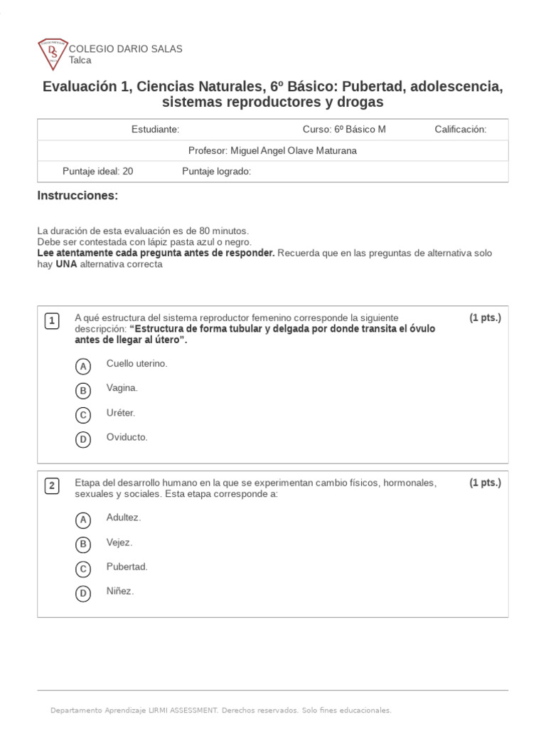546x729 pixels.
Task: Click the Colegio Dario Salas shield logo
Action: click(x=52, y=55)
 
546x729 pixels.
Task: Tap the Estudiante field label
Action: click(x=155, y=130)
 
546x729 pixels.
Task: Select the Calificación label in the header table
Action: click(x=460, y=130)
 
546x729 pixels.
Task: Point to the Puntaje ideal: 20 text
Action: click(x=97, y=172)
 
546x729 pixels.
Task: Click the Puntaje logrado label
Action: click(x=216, y=172)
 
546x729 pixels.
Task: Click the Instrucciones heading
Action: click(x=77, y=196)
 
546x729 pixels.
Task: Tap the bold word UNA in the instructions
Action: click(x=66, y=264)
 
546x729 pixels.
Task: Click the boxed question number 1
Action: click(x=52, y=321)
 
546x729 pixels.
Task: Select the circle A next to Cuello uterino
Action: click(x=83, y=366)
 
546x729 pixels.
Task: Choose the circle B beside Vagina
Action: click(x=83, y=390)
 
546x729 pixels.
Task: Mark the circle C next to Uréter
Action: click(x=83, y=415)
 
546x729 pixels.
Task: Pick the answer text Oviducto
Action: click(x=127, y=437)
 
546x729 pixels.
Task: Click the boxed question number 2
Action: click(x=52, y=486)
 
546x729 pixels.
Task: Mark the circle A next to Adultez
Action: click(x=83, y=520)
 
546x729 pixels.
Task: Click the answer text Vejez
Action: click(x=119, y=542)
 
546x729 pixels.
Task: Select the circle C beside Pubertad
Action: click(x=83, y=569)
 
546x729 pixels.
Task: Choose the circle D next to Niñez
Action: click(x=83, y=593)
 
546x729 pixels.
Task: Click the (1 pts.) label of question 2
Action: click(x=485, y=483)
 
